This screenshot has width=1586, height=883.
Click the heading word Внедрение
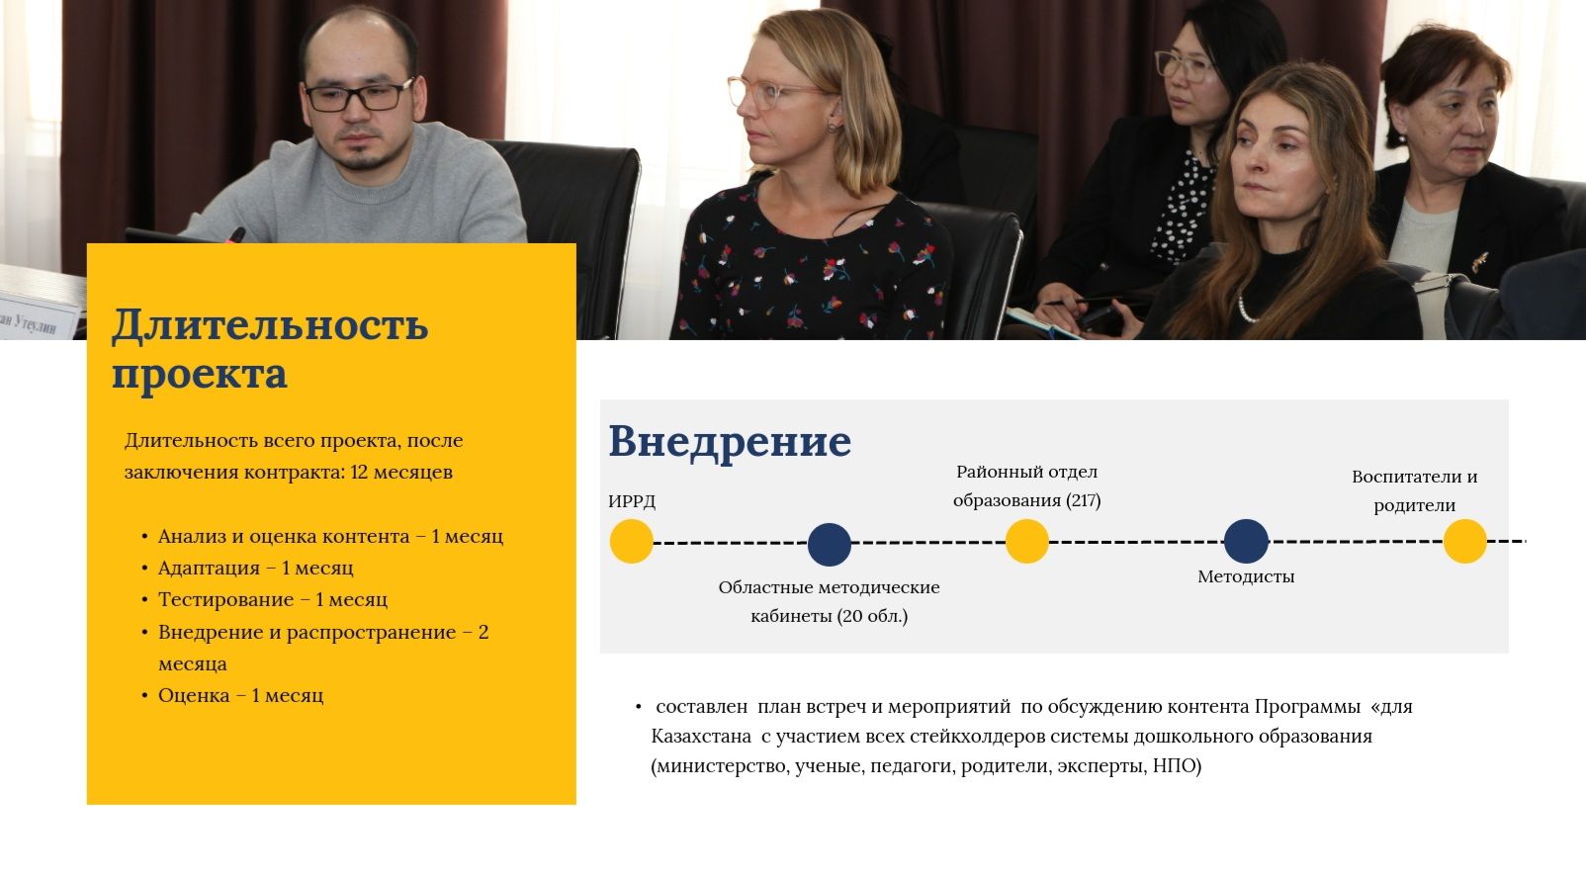(x=730, y=442)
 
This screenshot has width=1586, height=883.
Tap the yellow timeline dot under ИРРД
(x=631, y=542)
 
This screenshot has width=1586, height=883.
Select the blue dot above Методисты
(x=1246, y=542)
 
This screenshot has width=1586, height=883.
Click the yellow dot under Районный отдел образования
(x=1026, y=542)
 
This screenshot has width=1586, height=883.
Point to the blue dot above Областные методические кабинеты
(x=830, y=545)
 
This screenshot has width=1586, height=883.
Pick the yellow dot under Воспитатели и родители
(x=1464, y=542)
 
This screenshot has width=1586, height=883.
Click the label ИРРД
(x=632, y=501)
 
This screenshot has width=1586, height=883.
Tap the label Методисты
(x=1246, y=577)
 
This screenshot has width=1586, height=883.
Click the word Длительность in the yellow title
(x=271, y=325)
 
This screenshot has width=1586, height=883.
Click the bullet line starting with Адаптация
(x=255, y=568)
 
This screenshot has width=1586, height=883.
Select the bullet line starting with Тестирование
(x=273, y=600)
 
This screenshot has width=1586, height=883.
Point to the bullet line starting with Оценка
(x=240, y=695)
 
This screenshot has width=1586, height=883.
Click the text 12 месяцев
(x=401, y=473)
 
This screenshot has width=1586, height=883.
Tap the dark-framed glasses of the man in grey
(x=359, y=96)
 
